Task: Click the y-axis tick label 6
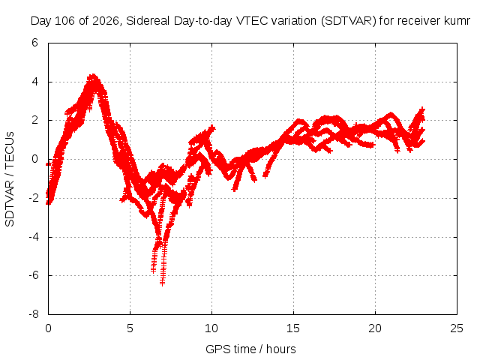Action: click(x=34, y=43)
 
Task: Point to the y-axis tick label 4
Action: click(x=34, y=82)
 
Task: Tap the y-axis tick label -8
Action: click(x=33, y=314)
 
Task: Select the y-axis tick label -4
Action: click(x=33, y=237)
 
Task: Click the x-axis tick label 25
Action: click(x=457, y=328)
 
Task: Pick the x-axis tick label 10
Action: click(x=211, y=328)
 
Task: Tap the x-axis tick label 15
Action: click(x=293, y=328)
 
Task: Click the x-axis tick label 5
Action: click(x=130, y=328)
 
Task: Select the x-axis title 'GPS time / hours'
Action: click(x=250, y=349)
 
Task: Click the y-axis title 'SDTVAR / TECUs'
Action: click(x=10, y=179)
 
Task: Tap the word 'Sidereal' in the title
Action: click(x=148, y=21)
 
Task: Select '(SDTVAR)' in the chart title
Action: click(x=348, y=21)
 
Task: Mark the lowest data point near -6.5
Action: click(x=162, y=283)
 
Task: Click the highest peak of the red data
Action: click(x=93, y=76)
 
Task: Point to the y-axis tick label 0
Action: click(x=34, y=159)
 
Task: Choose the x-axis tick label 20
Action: click(x=375, y=328)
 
